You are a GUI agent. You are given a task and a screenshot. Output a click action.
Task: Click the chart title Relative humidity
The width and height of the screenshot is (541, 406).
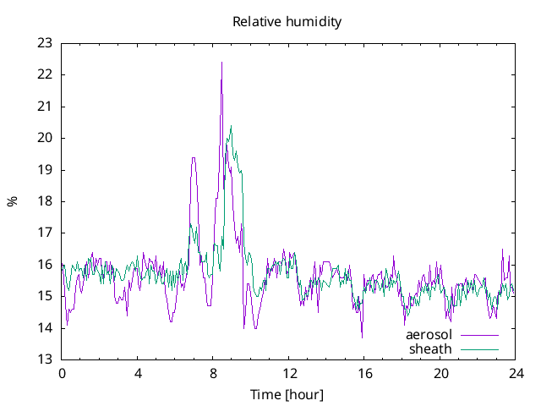click(x=287, y=22)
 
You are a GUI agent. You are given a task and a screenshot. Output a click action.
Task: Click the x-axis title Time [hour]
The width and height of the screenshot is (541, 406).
click(x=287, y=395)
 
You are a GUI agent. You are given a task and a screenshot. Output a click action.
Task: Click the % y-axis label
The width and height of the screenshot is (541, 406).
click(x=13, y=201)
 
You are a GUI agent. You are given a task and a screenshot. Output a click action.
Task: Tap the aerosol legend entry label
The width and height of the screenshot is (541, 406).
click(x=429, y=335)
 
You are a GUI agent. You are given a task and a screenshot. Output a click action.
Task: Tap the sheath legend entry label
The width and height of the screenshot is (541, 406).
click(x=430, y=348)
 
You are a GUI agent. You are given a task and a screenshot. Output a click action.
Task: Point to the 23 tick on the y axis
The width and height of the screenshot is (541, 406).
click(x=45, y=43)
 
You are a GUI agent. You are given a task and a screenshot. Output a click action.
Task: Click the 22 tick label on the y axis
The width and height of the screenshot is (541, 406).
click(x=45, y=74)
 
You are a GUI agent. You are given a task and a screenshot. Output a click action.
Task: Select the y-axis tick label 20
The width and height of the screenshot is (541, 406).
click(x=45, y=138)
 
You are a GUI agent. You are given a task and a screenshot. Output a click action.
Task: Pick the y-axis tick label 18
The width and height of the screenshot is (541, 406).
click(x=45, y=201)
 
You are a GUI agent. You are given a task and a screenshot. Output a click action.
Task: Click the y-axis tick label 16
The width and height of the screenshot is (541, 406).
click(x=45, y=265)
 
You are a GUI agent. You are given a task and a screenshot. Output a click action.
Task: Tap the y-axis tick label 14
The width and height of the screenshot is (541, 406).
click(x=45, y=328)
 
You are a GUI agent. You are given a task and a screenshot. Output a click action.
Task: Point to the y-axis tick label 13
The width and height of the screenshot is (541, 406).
click(x=45, y=359)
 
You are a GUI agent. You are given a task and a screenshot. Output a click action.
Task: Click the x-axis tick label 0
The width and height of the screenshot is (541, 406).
click(x=62, y=373)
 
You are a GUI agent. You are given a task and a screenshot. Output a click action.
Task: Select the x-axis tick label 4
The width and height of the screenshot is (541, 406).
click(x=138, y=373)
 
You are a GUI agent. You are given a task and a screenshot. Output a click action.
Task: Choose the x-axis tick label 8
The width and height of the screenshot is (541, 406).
click(x=214, y=373)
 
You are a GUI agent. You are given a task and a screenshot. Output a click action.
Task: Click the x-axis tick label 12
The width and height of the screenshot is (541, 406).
click(x=289, y=373)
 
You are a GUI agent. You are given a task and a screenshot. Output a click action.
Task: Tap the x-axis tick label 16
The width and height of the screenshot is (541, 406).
click(x=365, y=373)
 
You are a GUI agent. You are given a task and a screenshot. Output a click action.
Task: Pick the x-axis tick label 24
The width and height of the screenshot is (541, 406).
click(x=516, y=373)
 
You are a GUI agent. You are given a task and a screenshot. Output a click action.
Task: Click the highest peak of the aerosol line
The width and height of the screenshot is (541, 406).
click(x=221, y=63)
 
